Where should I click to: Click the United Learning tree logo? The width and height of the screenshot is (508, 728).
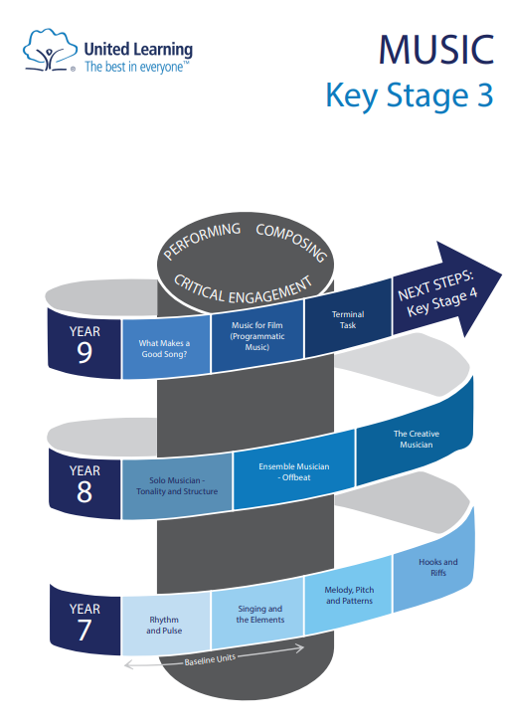(50, 50)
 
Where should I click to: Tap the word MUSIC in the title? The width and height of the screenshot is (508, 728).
(436, 49)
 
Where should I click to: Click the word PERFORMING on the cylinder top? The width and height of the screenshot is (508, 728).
(202, 241)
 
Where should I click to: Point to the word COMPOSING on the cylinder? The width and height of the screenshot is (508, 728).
(291, 242)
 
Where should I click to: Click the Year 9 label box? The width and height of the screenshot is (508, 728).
(85, 344)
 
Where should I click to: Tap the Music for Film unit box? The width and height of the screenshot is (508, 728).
(257, 336)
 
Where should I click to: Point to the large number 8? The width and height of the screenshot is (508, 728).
(84, 491)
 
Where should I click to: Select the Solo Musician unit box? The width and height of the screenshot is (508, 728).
(177, 486)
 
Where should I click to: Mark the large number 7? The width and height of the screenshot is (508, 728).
(84, 630)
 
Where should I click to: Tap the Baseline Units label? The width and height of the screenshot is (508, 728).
(210, 659)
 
